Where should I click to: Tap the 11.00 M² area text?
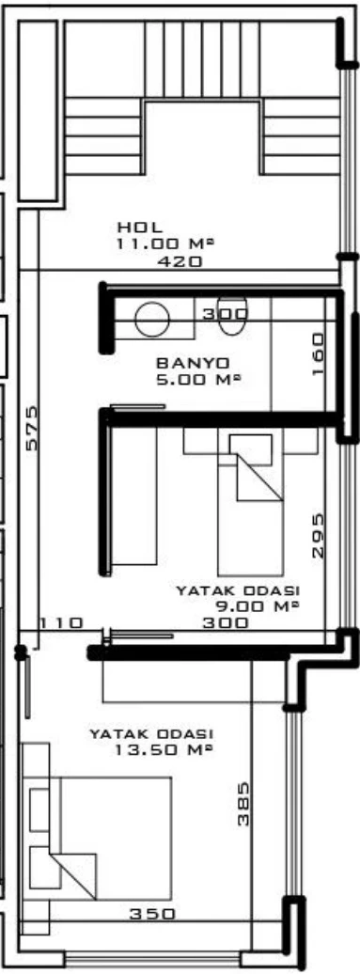pyautogui.click(x=164, y=244)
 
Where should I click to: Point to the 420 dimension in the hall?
pyautogui.click(x=180, y=261)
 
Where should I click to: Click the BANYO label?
pyautogui.click(x=193, y=363)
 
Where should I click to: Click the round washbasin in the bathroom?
pyautogui.click(x=152, y=319)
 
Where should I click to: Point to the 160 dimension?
pyautogui.click(x=318, y=354)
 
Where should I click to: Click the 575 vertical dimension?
pyautogui.click(x=32, y=428)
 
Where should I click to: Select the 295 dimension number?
pyautogui.click(x=317, y=536)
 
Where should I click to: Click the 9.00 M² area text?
pyautogui.click(x=257, y=606)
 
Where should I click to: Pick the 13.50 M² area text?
pyautogui.click(x=164, y=749)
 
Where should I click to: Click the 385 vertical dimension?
pyautogui.click(x=243, y=803)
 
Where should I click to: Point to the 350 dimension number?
pyautogui.click(x=152, y=915)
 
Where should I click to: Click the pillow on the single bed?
pyautogui.click(x=251, y=449)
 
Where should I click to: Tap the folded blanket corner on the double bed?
pyautogui.click(x=73, y=876)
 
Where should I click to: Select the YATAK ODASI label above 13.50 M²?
pyautogui.click(x=151, y=734)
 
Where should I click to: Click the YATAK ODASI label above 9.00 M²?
pyautogui.click(x=238, y=590)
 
